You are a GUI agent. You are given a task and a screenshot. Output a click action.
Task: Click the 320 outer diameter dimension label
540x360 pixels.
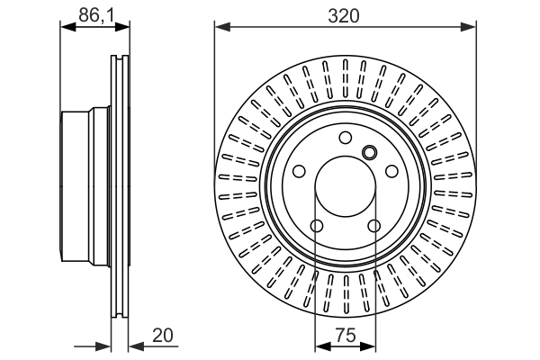pyautogui.click(x=345, y=14)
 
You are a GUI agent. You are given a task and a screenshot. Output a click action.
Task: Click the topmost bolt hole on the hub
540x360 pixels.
pyautogui.click(x=345, y=138)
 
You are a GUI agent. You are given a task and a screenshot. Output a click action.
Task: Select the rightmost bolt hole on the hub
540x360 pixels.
pyautogui.click(x=391, y=172)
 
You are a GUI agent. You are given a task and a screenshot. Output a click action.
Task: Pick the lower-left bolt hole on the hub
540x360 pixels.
pyautogui.click(x=316, y=226)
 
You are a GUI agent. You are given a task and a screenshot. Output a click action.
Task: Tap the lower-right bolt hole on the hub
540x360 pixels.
pyautogui.click(x=373, y=226)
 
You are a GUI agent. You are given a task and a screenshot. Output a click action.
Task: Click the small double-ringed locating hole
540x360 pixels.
pyautogui.click(x=368, y=151)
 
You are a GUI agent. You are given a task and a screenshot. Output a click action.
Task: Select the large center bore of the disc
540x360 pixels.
pyautogui.click(x=345, y=187)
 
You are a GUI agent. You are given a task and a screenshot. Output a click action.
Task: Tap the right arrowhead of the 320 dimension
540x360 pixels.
pyautogui.click(x=469, y=27)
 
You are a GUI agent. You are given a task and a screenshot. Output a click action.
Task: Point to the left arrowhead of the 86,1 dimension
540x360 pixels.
pyautogui.click(x=66, y=27)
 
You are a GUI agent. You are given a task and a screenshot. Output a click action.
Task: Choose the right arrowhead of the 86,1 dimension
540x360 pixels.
pyautogui.click(x=122, y=27)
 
